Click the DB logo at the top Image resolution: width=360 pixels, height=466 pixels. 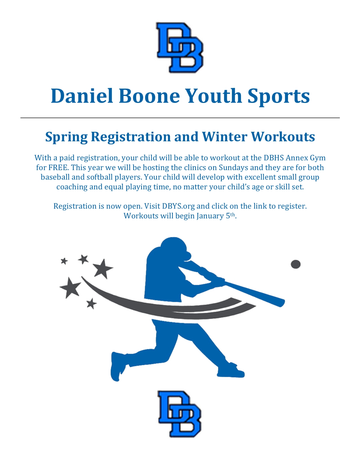[180, 47]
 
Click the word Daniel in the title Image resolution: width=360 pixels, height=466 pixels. [82, 96]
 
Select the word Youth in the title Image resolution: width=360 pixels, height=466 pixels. [213, 96]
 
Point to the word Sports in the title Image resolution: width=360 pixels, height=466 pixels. [279, 97]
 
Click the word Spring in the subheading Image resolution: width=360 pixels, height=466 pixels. [67, 137]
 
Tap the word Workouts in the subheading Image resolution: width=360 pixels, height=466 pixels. [283, 137]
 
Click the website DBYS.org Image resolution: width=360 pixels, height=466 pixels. [178, 206]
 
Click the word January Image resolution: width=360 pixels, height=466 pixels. [210, 216]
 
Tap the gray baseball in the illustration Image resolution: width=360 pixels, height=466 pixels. [296, 264]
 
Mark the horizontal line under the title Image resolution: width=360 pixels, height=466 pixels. [180, 118]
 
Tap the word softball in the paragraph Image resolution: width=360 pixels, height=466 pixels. [100, 177]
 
